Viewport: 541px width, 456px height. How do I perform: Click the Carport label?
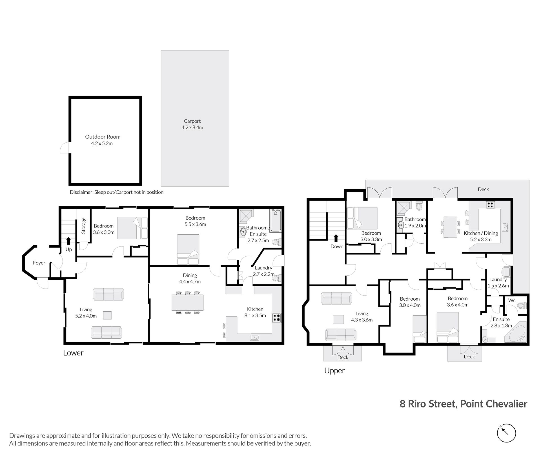coord(192,121)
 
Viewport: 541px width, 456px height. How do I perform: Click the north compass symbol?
coord(506,433)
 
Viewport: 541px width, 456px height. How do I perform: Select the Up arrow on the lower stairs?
coord(68,241)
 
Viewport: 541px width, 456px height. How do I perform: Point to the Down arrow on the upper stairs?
coord(336,238)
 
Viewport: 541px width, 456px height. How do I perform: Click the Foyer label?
coord(39,263)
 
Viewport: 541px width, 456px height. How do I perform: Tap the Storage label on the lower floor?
coord(83,226)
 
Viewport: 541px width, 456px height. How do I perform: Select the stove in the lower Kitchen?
coord(276,318)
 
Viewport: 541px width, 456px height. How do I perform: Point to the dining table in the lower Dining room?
coord(187,302)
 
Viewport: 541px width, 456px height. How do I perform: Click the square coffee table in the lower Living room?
coord(107,315)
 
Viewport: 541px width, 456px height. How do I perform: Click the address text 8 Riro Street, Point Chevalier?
coord(464,404)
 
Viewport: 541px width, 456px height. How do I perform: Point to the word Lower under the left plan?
coord(73,353)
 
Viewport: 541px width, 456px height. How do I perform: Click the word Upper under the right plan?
coord(334,371)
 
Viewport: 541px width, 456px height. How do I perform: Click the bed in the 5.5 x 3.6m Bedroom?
coord(188,250)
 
